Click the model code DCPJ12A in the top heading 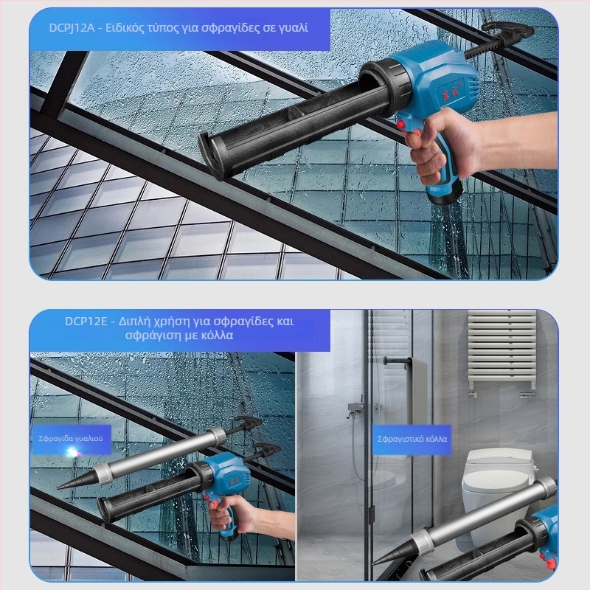point(72,28)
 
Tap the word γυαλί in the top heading point(293,29)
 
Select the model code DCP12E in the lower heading point(86,322)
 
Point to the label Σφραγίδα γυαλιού point(71,438)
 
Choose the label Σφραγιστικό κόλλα point(412,439)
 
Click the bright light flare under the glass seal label point(72,451)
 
